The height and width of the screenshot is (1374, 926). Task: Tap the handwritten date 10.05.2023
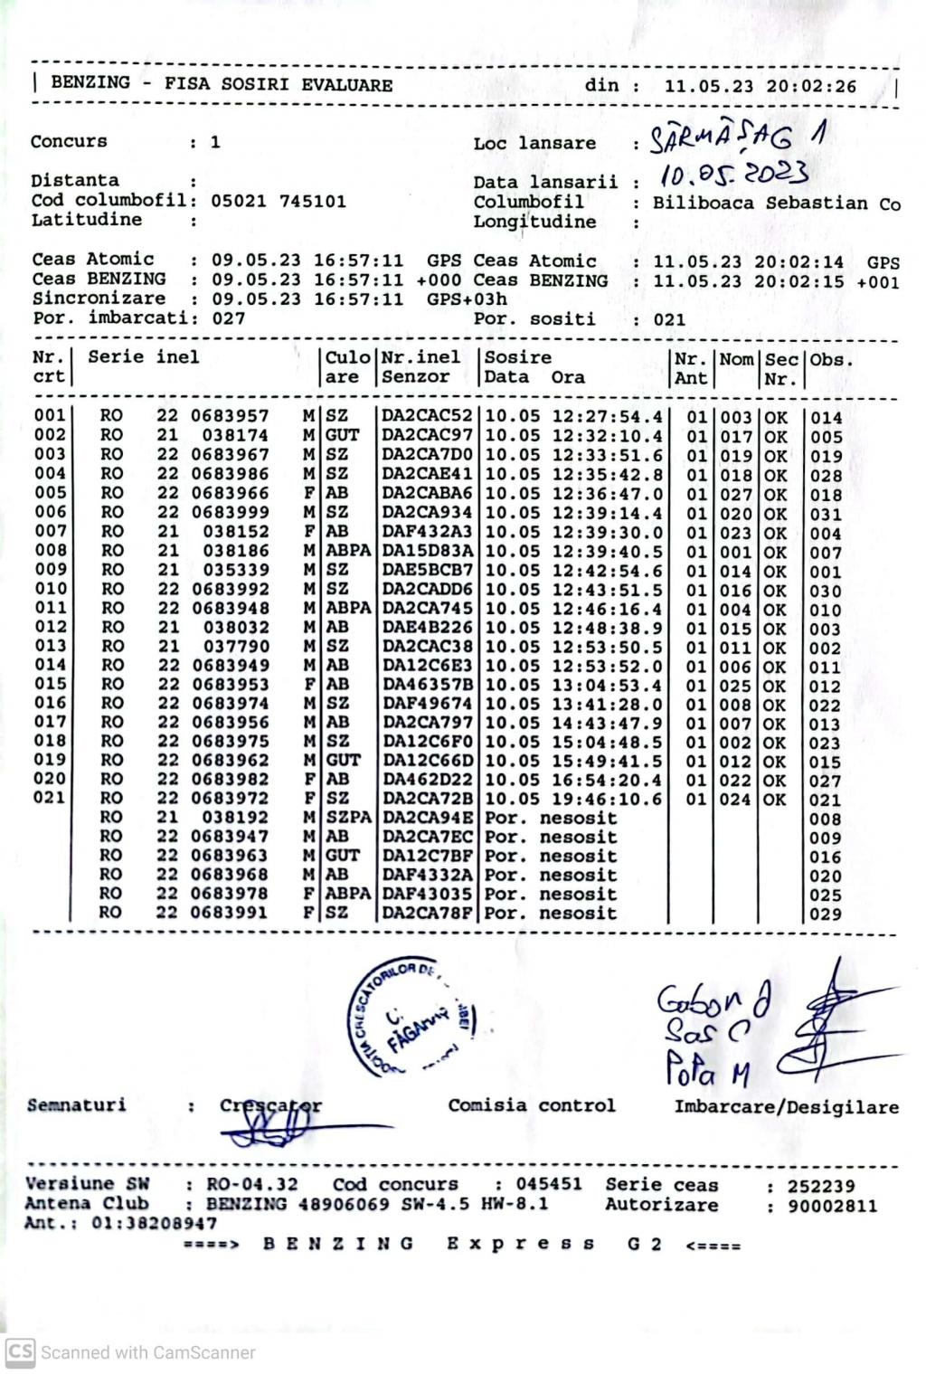pos(733,173)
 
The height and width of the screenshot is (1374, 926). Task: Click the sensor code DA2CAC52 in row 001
pos(427,416)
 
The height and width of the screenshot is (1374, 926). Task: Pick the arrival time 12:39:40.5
pos(607,551)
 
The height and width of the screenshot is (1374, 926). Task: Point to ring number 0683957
pos(230,416)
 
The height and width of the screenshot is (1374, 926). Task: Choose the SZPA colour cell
pos(348,818)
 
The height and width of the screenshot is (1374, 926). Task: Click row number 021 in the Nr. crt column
pos(50,798)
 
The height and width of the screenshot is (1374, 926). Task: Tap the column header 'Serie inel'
pos(143,357)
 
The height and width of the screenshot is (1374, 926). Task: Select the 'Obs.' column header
pos(830,359)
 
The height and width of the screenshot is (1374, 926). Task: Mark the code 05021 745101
pos(279,201)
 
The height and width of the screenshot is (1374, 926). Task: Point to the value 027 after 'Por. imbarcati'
pos(229,318)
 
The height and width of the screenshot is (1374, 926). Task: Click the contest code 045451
pos(549,1185)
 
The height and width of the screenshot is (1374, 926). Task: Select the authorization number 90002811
pos(831,1207)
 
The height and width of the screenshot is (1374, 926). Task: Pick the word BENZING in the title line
pos(90,83)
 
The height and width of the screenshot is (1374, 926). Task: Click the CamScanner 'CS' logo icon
pos(20,1352)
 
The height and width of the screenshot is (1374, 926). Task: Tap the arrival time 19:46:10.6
pos(607,800)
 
